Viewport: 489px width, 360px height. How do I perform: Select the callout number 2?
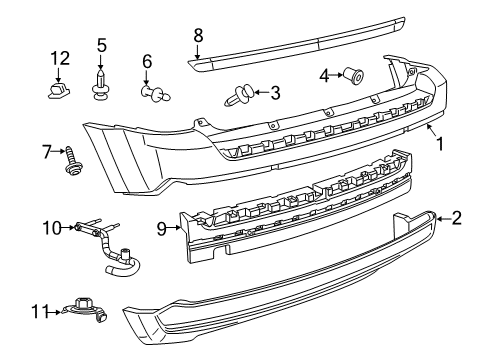[457, 218]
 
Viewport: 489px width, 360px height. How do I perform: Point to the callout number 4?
[324, 75]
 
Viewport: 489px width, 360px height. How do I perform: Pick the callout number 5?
[101, 45]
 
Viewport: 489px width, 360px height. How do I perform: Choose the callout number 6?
[147, 61]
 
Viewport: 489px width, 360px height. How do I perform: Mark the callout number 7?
[46, 153]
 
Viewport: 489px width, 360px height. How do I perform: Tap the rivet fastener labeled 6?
[152, 94]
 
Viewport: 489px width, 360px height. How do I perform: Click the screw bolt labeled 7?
[72, 161]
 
